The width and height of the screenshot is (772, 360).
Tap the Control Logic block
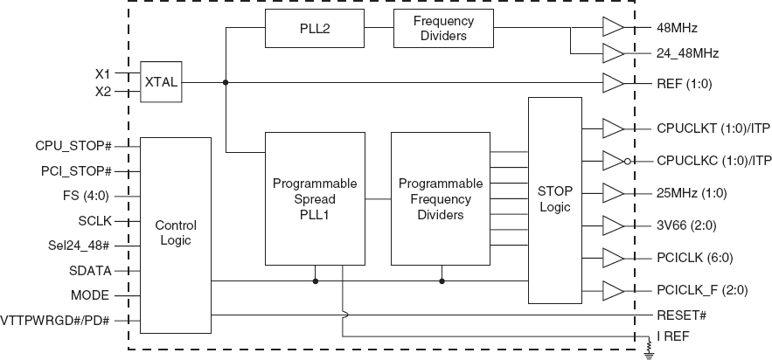(176, 233)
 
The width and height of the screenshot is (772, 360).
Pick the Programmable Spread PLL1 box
(315, 198)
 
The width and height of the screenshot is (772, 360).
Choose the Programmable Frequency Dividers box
(441, 198)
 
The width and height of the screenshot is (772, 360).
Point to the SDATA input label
(90, 271)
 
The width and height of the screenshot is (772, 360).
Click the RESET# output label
(681, 314)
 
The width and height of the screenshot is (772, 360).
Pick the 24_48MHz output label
(687, 54)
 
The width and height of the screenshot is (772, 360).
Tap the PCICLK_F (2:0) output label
(700, 289)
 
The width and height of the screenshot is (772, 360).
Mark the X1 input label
(103, 73)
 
